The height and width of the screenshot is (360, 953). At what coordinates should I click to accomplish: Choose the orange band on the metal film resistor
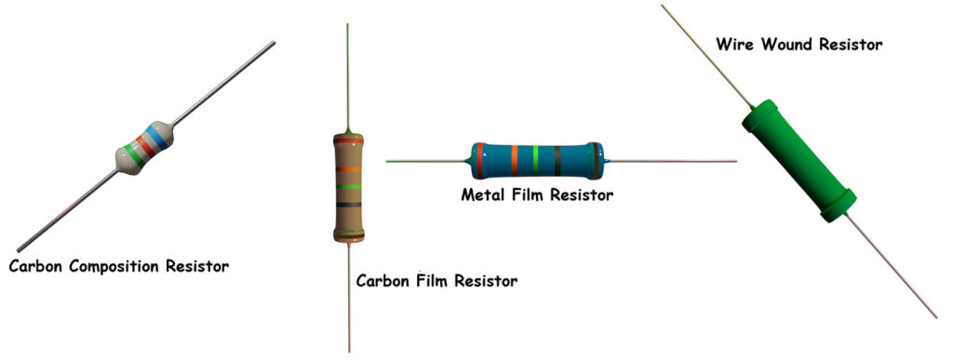[x=514, y=160]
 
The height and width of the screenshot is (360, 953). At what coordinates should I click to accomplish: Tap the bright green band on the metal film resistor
[x=536, y=160]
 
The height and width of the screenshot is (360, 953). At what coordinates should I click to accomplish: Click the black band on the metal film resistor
[x=557, y=160]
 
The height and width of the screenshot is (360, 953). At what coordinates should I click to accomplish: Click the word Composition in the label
[x=116, y=267]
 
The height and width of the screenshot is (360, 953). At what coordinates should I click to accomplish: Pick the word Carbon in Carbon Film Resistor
[x=382, y=279]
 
